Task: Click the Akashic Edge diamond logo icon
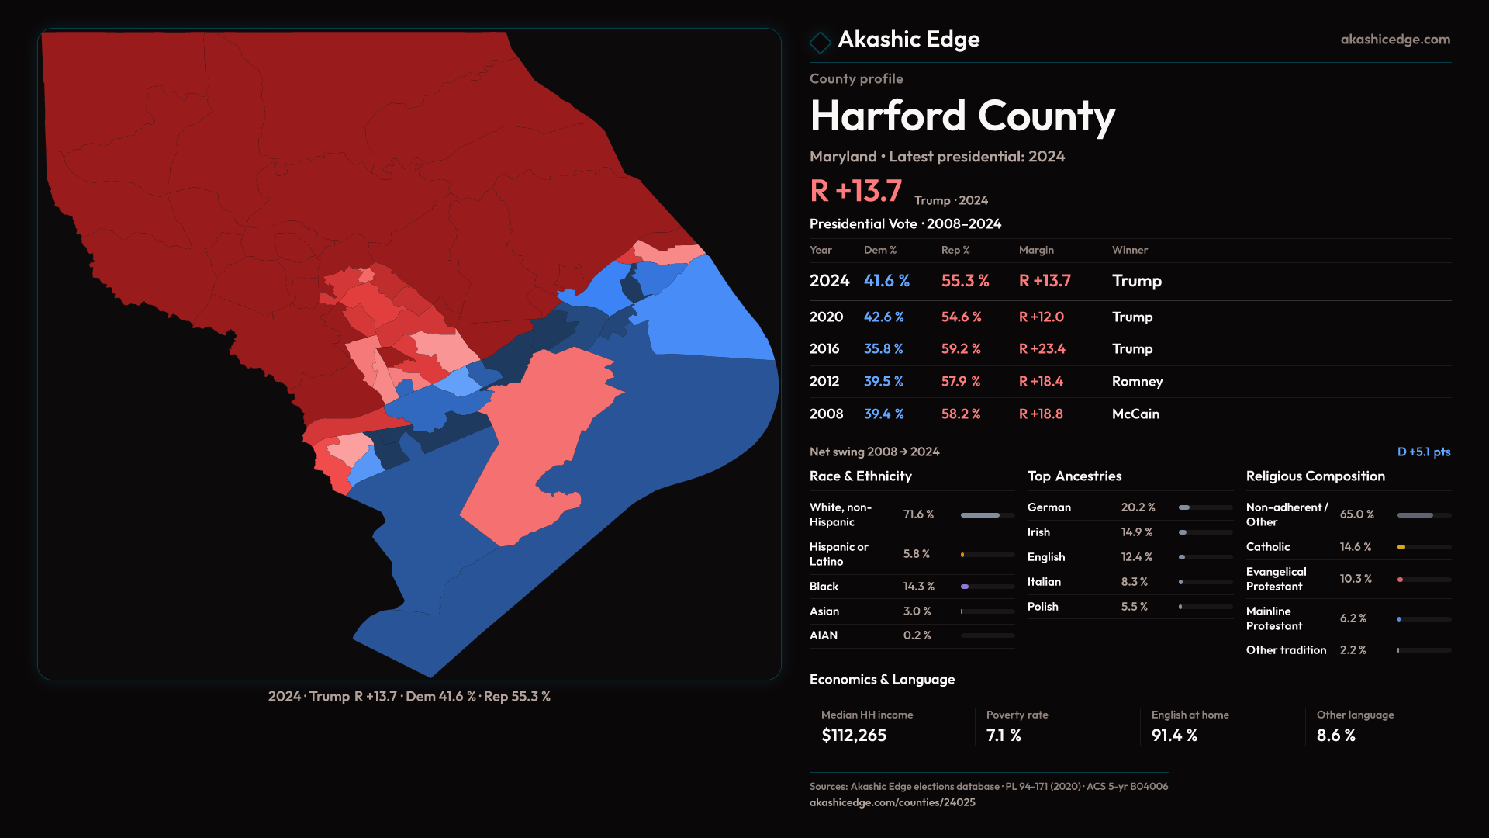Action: (x=820, y=42)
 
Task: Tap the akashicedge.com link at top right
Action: (x=1394, y=40)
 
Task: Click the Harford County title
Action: (x=962, y=116)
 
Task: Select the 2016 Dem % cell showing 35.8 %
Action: (x=883, y=349)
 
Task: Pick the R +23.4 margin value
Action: (x=1042, y=349)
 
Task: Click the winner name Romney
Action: (x=1137, y=382)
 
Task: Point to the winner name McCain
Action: (x=1135, y=414)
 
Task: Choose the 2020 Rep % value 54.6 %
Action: (x=961, y=317)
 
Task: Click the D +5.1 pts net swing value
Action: (x=1423, y=452)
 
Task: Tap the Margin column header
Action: (x=1036, y=251)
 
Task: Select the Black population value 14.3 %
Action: (x=918, y=587)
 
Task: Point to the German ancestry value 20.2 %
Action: (x=1138, y=507)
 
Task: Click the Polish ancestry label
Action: (x=1042, y=607)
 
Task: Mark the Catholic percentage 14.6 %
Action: (x=1355, y=547)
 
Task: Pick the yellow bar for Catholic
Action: (x=1401, y=547)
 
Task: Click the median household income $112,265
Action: (x=853, y=736)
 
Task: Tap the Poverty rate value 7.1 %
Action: (x=1004, y=736)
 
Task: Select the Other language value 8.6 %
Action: (x=1335, y=736)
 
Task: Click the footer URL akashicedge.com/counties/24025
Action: (x=892, y=803)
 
